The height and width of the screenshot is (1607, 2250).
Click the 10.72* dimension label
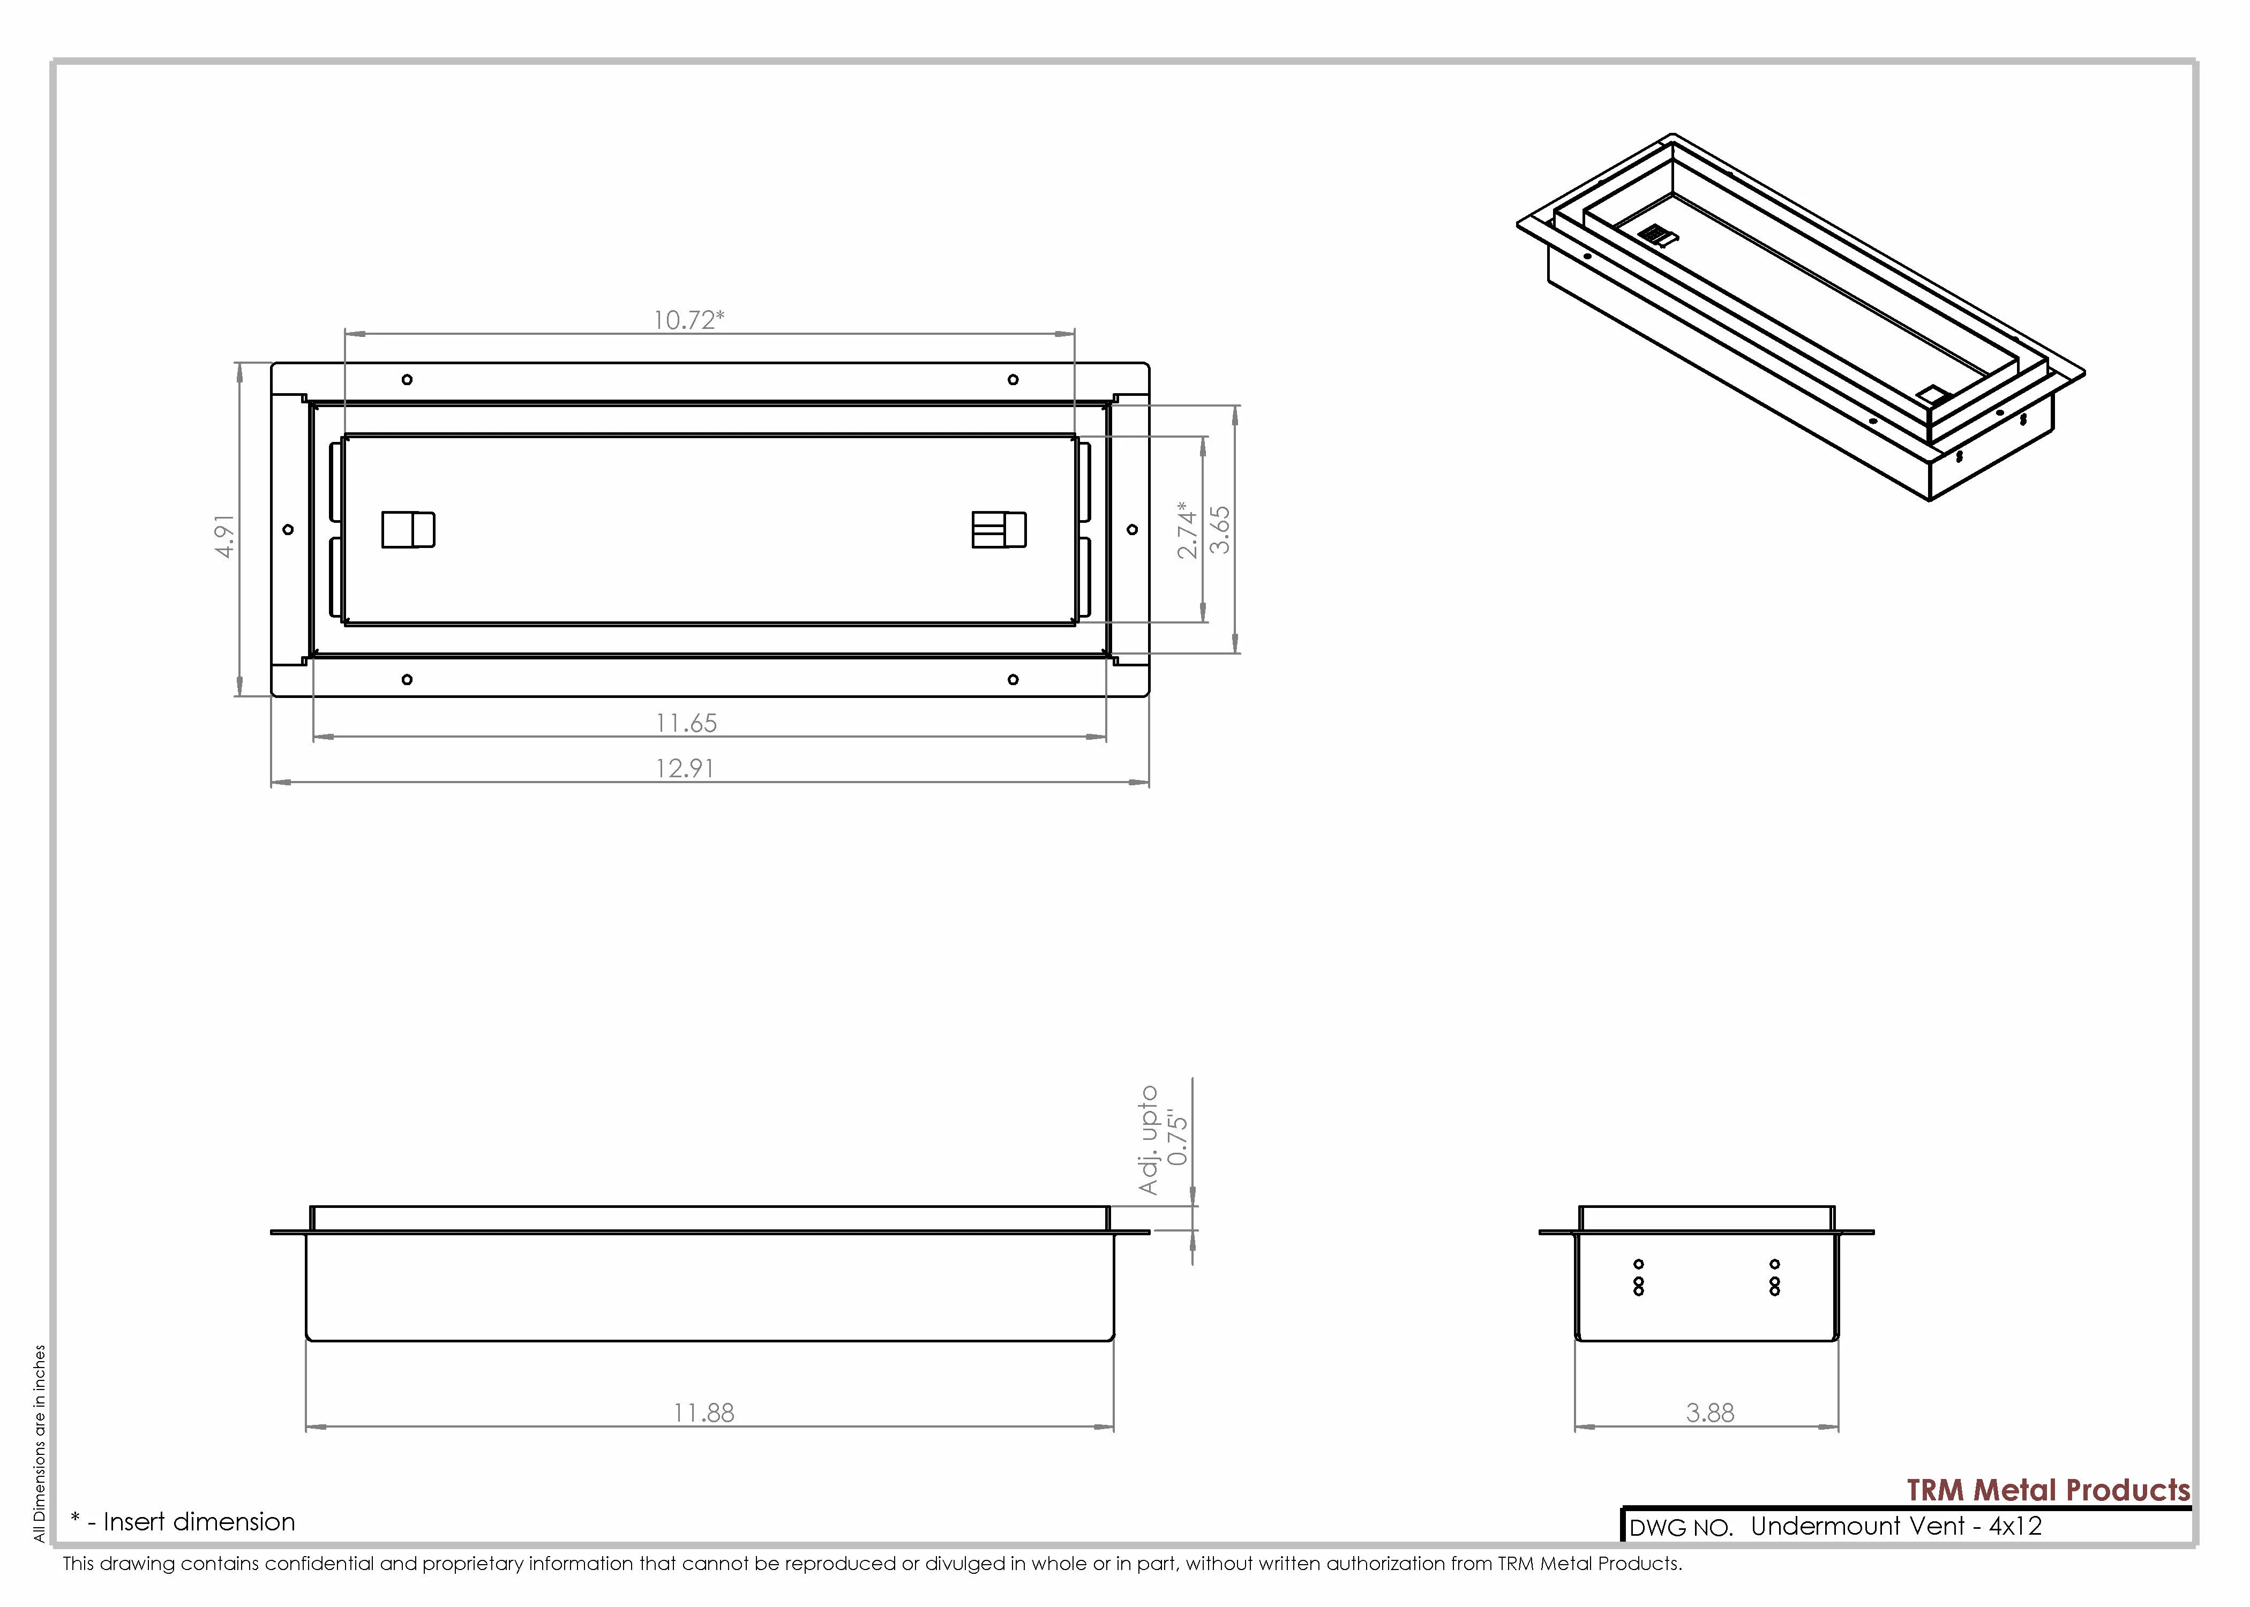[x=688, y=320]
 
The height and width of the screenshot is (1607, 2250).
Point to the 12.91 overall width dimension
[x=685, y=768]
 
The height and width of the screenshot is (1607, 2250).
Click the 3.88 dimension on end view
[x=1710, y=1413]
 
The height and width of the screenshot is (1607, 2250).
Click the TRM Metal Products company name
[x=2048, y=1490]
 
